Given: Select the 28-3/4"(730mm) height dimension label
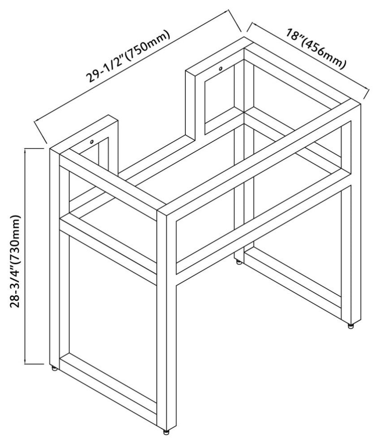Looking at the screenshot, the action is (16, 261).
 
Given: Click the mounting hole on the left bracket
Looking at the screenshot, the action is (91, 142).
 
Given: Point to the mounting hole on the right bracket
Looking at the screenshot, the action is (220, 68).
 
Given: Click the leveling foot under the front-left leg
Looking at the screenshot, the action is (55, 368).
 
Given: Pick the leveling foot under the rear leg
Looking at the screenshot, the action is (240, 262).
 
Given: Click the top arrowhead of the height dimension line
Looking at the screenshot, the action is (26, 150).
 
